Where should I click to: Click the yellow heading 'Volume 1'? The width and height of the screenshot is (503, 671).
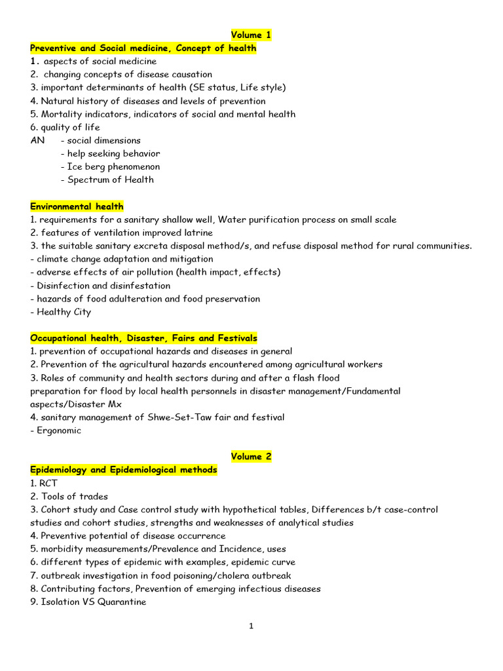click(x=251, y=35)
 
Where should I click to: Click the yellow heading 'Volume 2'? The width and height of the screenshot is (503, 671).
click(x=251, y=457)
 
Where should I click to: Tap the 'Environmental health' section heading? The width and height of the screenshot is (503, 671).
click(x=77, y=206)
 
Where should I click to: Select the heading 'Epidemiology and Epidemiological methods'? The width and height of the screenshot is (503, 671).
click(x=124, y=470)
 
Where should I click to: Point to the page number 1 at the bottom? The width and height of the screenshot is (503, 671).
click(x=251, y=626)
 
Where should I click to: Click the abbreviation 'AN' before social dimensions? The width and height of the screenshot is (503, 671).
click(x=37, y=140)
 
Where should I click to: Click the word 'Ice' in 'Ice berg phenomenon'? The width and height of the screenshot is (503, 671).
click(x=75, y=166)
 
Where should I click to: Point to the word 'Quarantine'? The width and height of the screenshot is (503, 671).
click(x=122, y=602)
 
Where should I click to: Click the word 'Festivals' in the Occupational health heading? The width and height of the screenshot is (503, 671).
click(x=237, y=338)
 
